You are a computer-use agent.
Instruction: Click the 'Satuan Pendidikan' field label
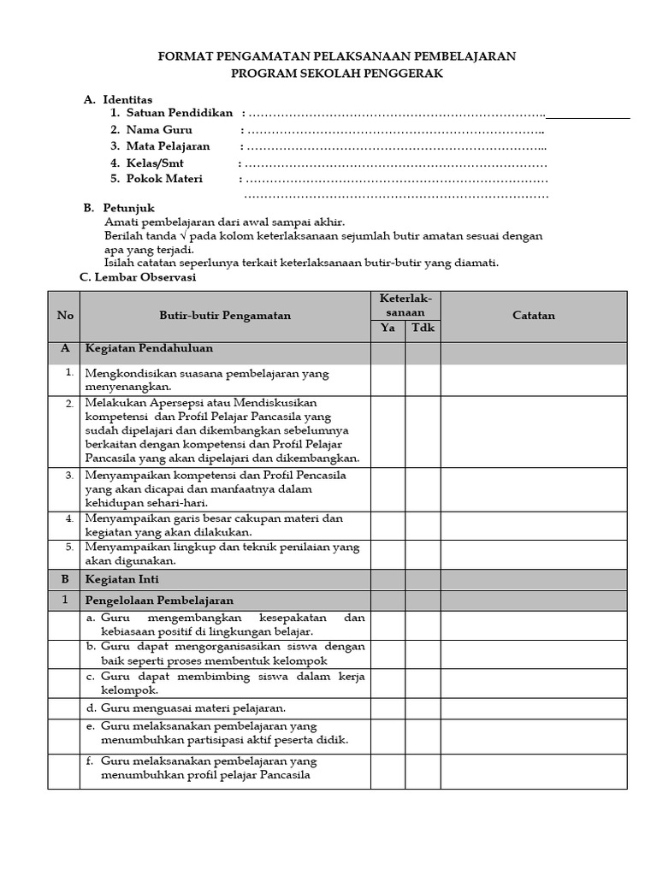180,114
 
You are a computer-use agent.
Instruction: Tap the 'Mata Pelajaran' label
168,146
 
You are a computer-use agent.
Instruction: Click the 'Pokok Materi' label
164,179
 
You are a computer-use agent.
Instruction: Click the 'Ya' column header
388,329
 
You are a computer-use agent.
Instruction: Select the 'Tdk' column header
423,329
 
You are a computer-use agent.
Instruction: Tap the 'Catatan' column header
534,316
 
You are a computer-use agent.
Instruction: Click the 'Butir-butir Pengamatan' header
225,316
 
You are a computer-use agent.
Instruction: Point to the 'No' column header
65,316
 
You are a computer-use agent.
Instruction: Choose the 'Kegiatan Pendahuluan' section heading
149,349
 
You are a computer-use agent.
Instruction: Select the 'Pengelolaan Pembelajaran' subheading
159,601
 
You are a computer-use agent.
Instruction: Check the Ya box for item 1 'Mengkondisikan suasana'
388,380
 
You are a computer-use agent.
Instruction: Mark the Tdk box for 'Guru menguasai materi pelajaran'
423,708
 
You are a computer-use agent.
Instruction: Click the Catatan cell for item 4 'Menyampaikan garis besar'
534,524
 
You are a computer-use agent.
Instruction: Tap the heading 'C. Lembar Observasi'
137,277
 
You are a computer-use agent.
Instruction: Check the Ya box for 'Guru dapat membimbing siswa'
388,683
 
